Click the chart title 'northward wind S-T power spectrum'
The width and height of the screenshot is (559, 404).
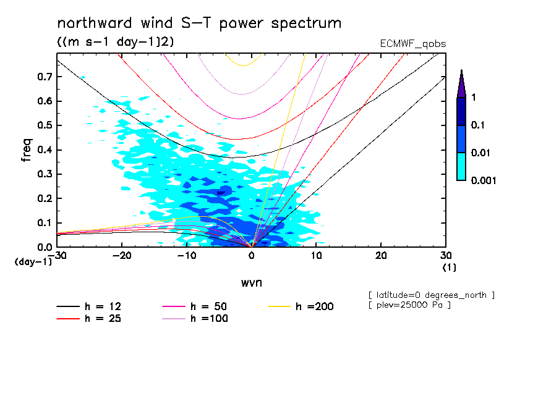point(198,23)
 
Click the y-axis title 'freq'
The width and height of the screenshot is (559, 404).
point(27,149)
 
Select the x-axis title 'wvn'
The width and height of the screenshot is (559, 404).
point(251,282)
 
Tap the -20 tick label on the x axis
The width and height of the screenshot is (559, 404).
point(122,255)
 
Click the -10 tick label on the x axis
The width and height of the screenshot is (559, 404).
point(187,255)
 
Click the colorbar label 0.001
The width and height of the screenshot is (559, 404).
point(483,180)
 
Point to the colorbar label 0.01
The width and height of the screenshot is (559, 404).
point(480,153)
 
